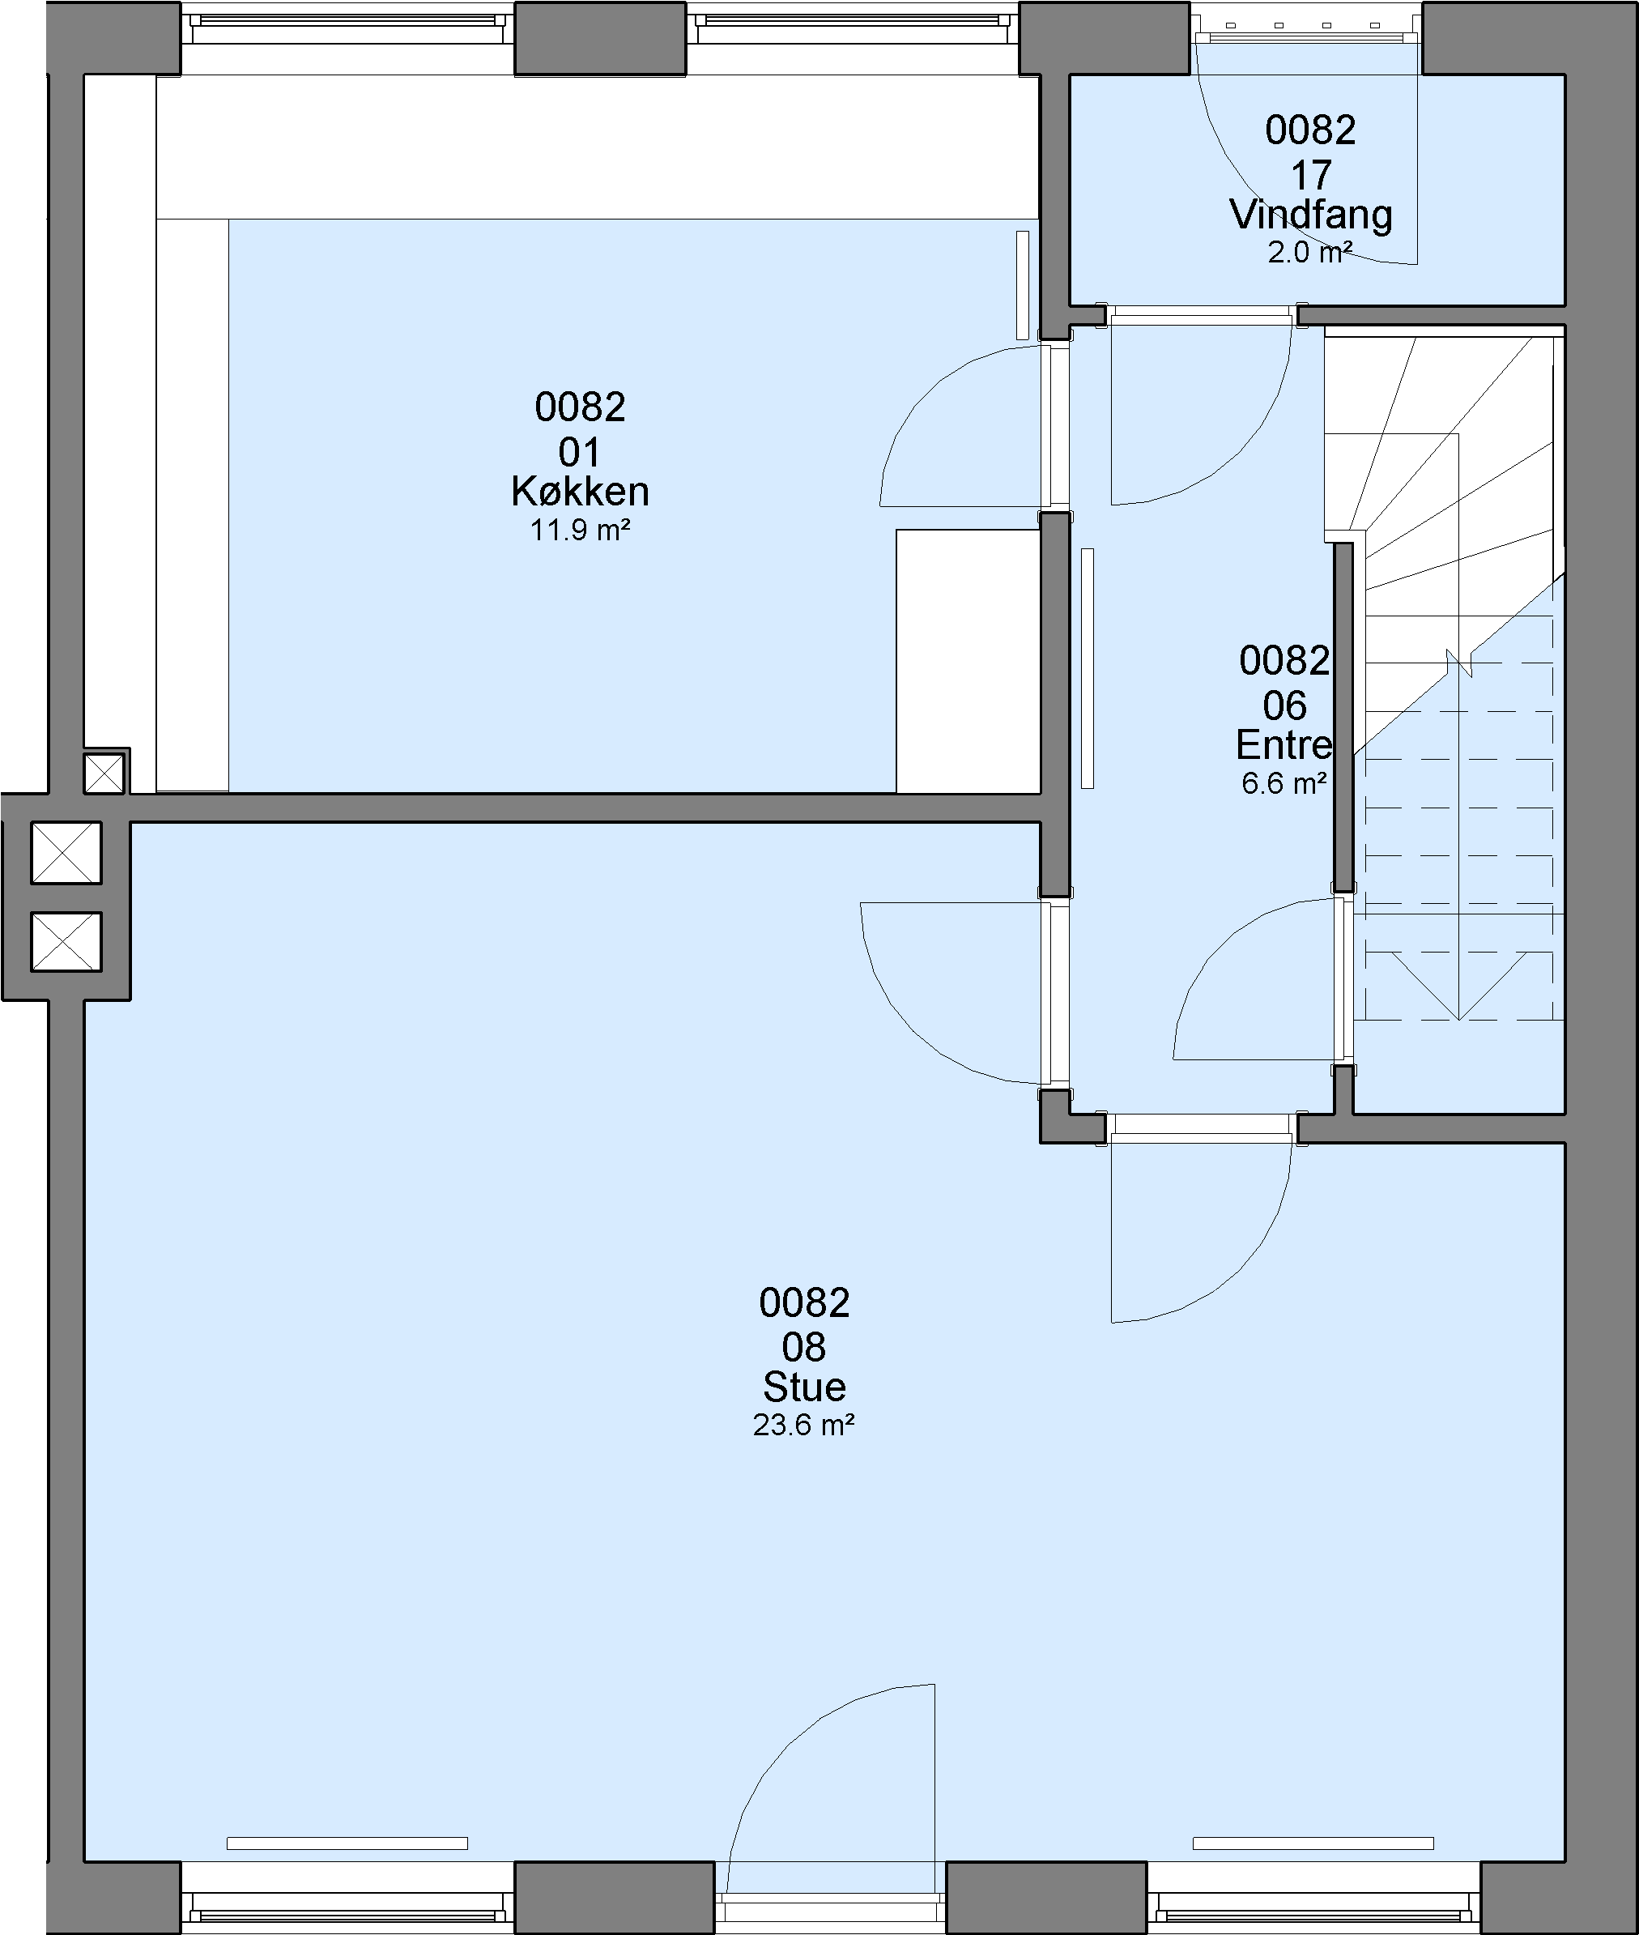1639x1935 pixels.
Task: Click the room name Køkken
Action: click(x=580, y=491)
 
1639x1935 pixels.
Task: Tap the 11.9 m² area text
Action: click(x=580, y=531)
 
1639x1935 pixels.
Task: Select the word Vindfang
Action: click(x=1311, y=215)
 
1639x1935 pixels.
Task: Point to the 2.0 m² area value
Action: click(x=1310, y=252)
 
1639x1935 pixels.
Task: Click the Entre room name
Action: click(x=1284, y=744)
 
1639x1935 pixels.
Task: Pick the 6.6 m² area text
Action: click(x=1284, y=783)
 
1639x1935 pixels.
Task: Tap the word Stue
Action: click(x=805, y=1387)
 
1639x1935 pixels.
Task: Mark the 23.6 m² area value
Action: click(x=803, y=1426)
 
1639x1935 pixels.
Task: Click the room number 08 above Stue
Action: click(x=803, y=1347)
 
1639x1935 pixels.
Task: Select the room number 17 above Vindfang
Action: click(x=1311, y=175)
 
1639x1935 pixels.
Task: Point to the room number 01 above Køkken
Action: click(x=579, y=453)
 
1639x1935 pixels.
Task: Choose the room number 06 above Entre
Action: click(x=1284, y=705)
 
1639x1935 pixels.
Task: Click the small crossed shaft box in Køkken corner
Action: click(x=104, y=774)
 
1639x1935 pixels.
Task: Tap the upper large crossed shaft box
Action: click(x=66, y=852)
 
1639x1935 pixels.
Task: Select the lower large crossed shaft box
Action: click(x=66, y=941)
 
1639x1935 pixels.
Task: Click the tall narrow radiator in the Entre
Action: click(x=1087, y=668)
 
